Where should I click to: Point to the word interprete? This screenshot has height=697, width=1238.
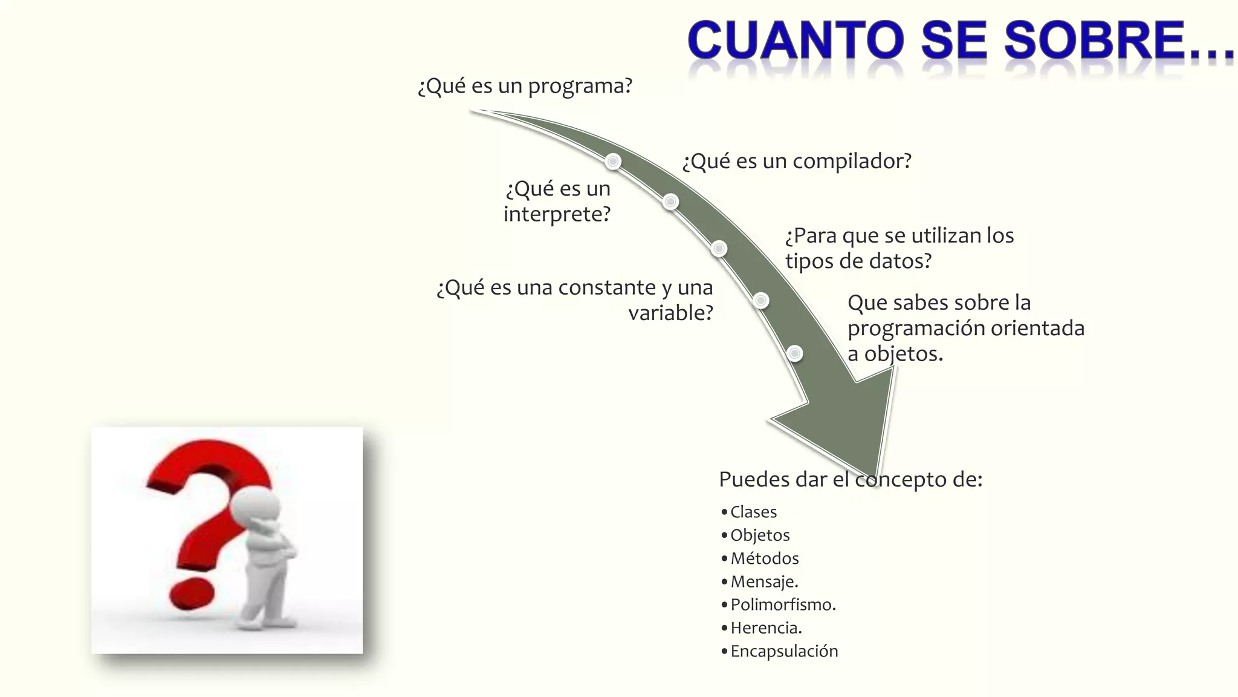click(557, 214)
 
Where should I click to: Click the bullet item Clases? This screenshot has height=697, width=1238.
click(753, 512)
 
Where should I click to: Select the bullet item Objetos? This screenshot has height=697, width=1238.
click(760, 535)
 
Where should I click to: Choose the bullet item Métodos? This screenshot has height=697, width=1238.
click(764, 558)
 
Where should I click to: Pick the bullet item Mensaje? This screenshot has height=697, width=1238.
click(764, 581)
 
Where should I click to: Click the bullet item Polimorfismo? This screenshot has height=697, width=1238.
click(783, 604)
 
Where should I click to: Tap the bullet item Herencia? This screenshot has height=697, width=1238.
click(766, 628)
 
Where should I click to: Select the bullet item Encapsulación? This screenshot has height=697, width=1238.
click(784, 651)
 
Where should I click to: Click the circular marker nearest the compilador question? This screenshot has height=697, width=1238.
click(613, 162)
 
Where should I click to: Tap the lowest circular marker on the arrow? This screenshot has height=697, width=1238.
click(795, 353)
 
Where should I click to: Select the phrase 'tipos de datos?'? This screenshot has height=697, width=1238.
click(858, 261)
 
